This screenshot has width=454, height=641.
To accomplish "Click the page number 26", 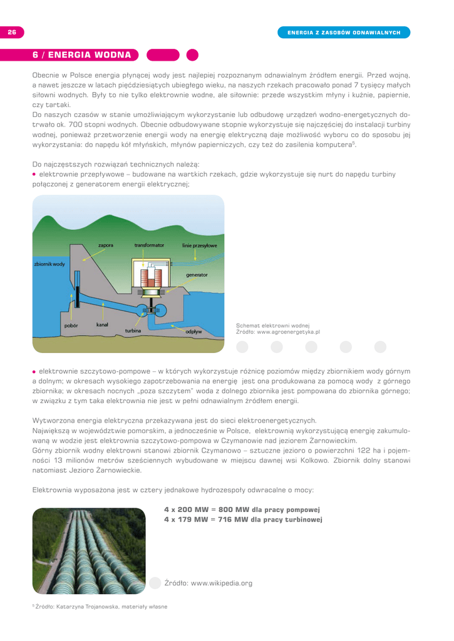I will pos(11,32).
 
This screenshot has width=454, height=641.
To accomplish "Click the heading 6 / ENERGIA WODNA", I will pos(81,54).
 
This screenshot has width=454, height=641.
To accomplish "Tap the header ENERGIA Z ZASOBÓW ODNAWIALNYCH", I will pos(344,32).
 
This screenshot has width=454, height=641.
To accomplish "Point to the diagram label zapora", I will pos(106,245).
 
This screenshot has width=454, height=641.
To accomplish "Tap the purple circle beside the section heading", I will pos(192,54).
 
